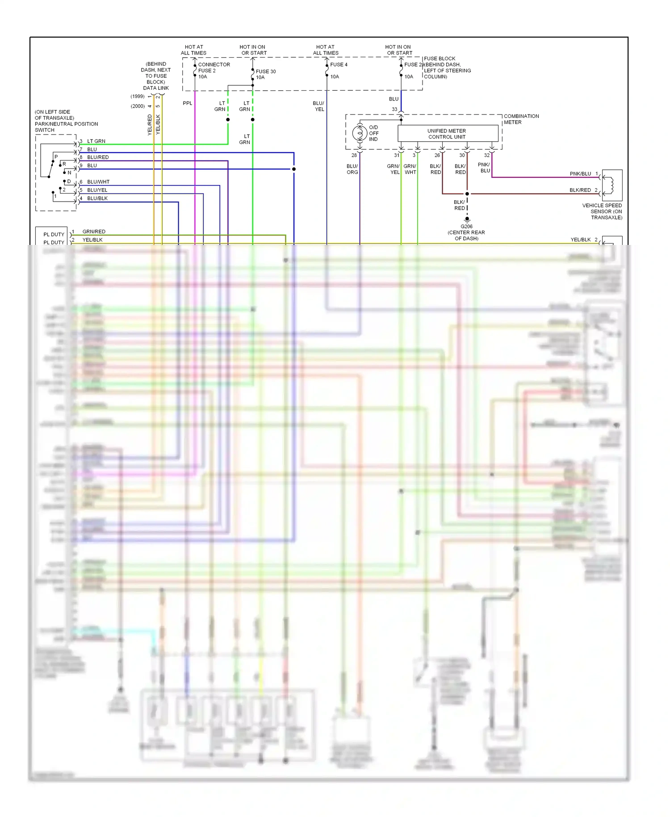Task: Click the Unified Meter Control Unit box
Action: (447, 134)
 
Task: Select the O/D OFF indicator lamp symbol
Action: (360, 133)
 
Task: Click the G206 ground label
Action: (466, 227)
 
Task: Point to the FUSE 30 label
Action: (265, 72)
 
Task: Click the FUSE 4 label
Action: (339, 65)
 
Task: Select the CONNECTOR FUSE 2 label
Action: (214, 67)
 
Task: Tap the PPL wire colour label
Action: (188, 103)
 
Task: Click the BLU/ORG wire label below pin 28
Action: (352, 169)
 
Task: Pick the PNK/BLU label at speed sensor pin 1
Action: (580, 174)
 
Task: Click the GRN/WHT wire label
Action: (410, 169)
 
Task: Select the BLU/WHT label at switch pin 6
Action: (98, 182)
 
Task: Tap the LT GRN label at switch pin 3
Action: (96, 141)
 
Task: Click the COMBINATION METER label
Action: (521, 119)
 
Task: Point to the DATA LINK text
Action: (156, 88)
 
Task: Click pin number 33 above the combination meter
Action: (394, 109)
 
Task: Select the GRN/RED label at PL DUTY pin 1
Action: (94, 232)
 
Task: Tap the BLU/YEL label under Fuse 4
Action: (319, 106)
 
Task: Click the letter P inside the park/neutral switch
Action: (56, 157)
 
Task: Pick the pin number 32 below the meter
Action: (487, 156)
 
